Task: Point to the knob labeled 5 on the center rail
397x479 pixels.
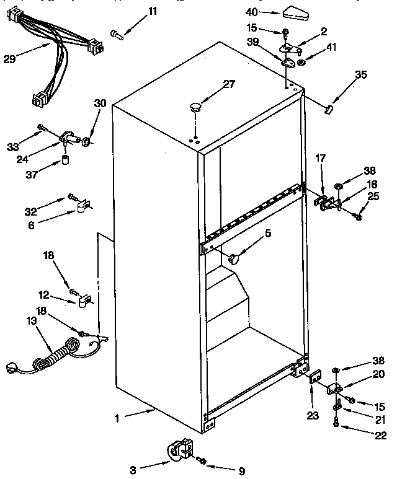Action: tap(234, 258)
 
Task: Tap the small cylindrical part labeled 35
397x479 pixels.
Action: tap(329, 110)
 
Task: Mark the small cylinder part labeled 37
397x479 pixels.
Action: tap(65, 162)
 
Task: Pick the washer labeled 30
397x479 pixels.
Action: tap(86, 142)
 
